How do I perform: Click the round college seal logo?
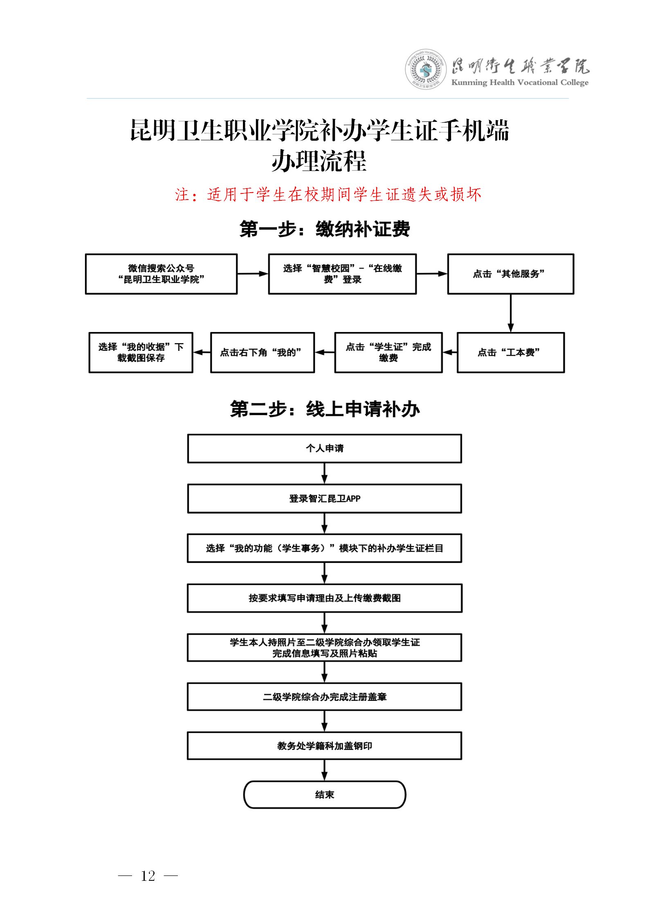[x=426, y=70]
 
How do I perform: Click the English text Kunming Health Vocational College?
[x=519, y=83]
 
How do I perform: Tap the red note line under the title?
[x=328, y=194]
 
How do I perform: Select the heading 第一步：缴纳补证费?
[x=325, y=229]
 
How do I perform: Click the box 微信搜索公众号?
[x=161, y=274]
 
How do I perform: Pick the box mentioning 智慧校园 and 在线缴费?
[x=342, y=274]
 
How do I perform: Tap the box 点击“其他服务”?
[x=510, y=274]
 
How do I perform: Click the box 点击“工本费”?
[x=510, y=352]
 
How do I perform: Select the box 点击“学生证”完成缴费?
[x=388, y=352]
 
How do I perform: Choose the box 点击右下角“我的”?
[x=262, y=352]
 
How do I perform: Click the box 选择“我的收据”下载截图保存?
[x=141, y=352]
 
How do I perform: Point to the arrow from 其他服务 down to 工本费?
[x=510, y=313]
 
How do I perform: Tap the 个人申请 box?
[x=325, y=448]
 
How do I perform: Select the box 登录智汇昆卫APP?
[x=325, y=498]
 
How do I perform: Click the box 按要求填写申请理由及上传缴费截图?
[x=325, y=598]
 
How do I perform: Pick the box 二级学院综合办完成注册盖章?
[x=325, y=696]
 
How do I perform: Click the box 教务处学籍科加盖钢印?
[x=325, y=745]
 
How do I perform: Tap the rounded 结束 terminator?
[x=325, y=795]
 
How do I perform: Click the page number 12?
[x=148, y=876]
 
